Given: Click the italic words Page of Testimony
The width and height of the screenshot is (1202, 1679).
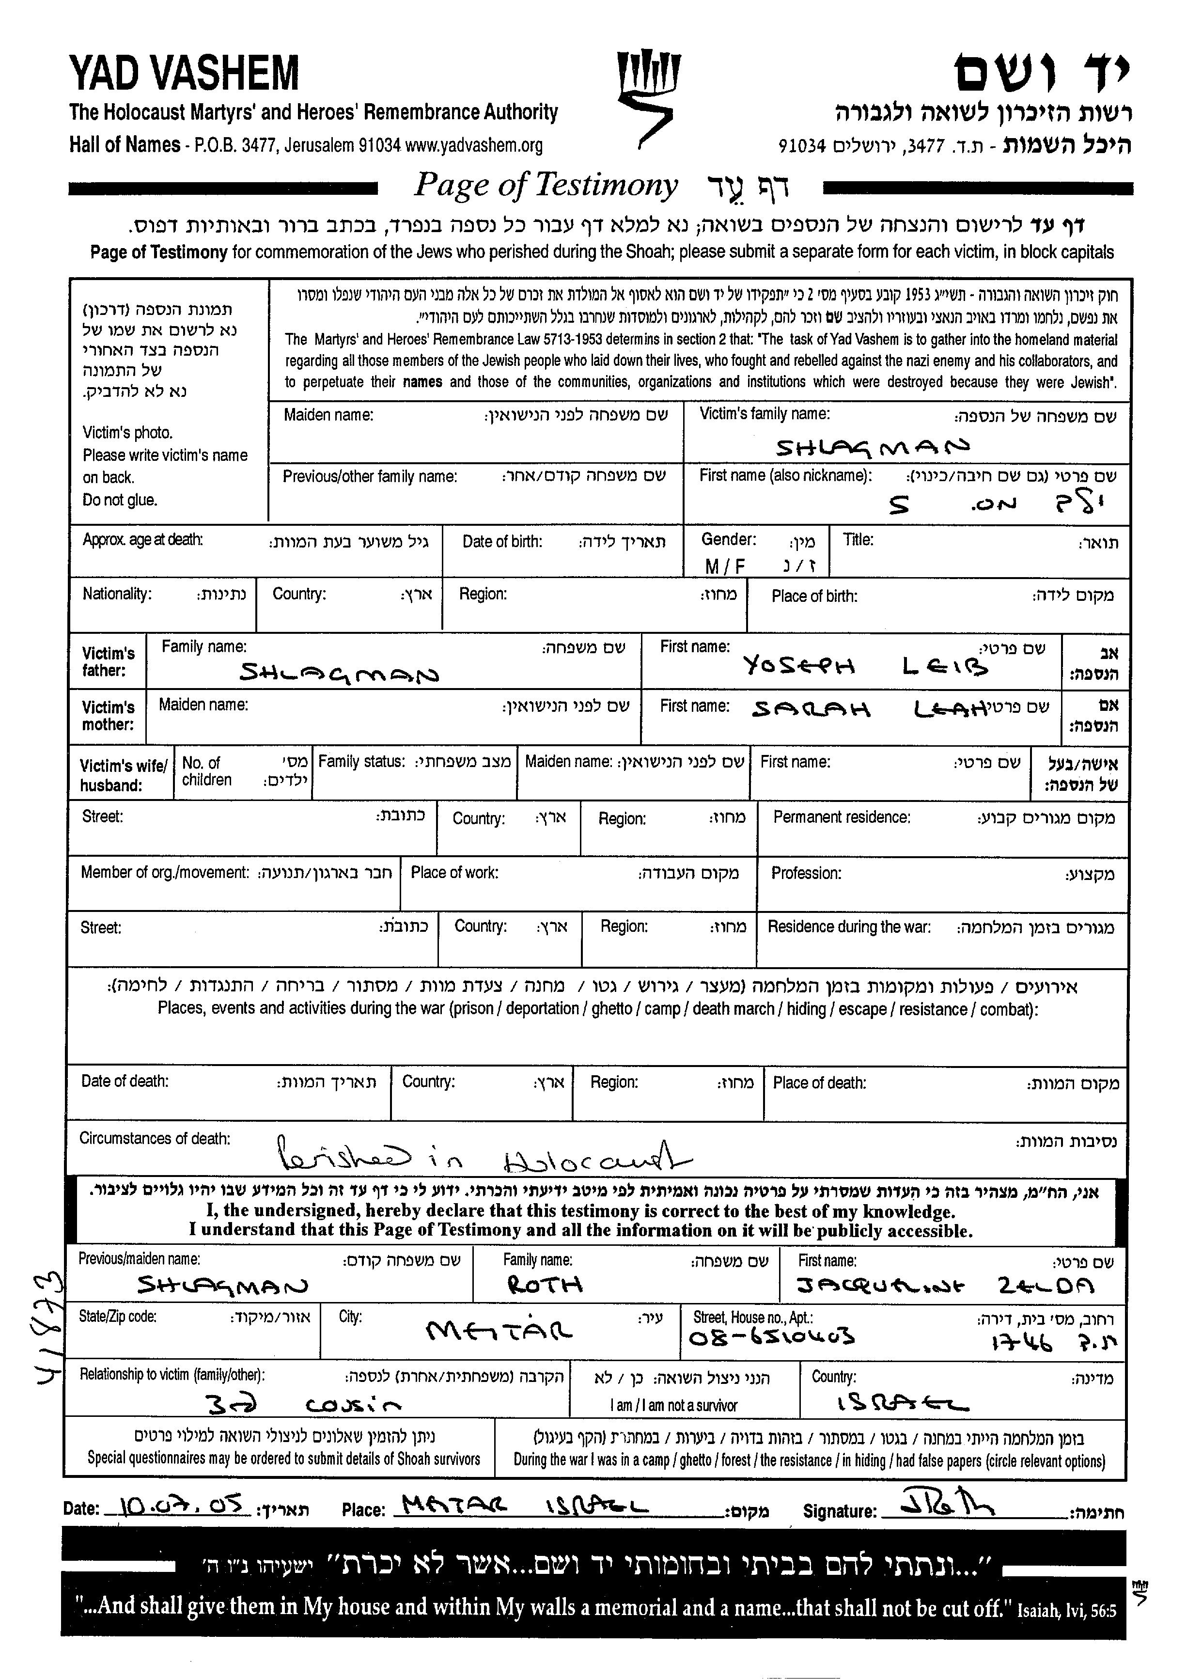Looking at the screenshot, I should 546,185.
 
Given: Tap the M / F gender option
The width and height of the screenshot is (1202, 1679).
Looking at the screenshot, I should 725,566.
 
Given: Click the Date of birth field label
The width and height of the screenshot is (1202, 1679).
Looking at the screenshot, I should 502,541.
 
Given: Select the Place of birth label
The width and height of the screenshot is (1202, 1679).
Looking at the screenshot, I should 814,596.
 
